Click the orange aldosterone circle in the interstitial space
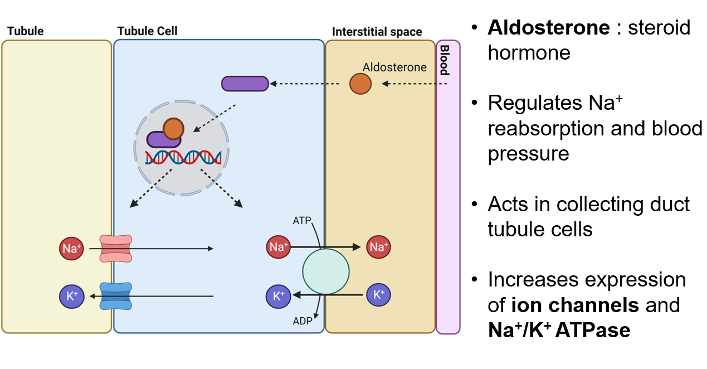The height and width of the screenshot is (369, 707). click(360, 84)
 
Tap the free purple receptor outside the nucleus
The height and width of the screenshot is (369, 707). click(245, 84)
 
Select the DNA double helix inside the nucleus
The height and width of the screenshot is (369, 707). click(183, 158)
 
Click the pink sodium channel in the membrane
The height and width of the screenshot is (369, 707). click(115, 248)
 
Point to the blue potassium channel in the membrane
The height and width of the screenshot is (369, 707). click(115, 296)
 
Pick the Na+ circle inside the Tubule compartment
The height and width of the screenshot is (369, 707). click(71, 249)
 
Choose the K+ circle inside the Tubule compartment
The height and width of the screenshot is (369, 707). click(71, 296)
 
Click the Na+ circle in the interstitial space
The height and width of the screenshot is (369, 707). click(378, 246)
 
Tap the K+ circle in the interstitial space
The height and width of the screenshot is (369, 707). click(378, 295)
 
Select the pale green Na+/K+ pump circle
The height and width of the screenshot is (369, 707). click(326, 272)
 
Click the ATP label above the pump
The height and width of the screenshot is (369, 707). click(302, 221)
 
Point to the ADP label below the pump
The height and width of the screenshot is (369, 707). click(303, 321)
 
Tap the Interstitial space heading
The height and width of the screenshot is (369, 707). click(377, 32)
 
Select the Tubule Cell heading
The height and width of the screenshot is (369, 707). click(147, 31)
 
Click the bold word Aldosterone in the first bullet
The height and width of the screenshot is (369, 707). click(548, 27)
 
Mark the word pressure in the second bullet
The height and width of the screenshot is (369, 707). click(528, 153)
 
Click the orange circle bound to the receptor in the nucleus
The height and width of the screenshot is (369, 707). click(173, 129)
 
